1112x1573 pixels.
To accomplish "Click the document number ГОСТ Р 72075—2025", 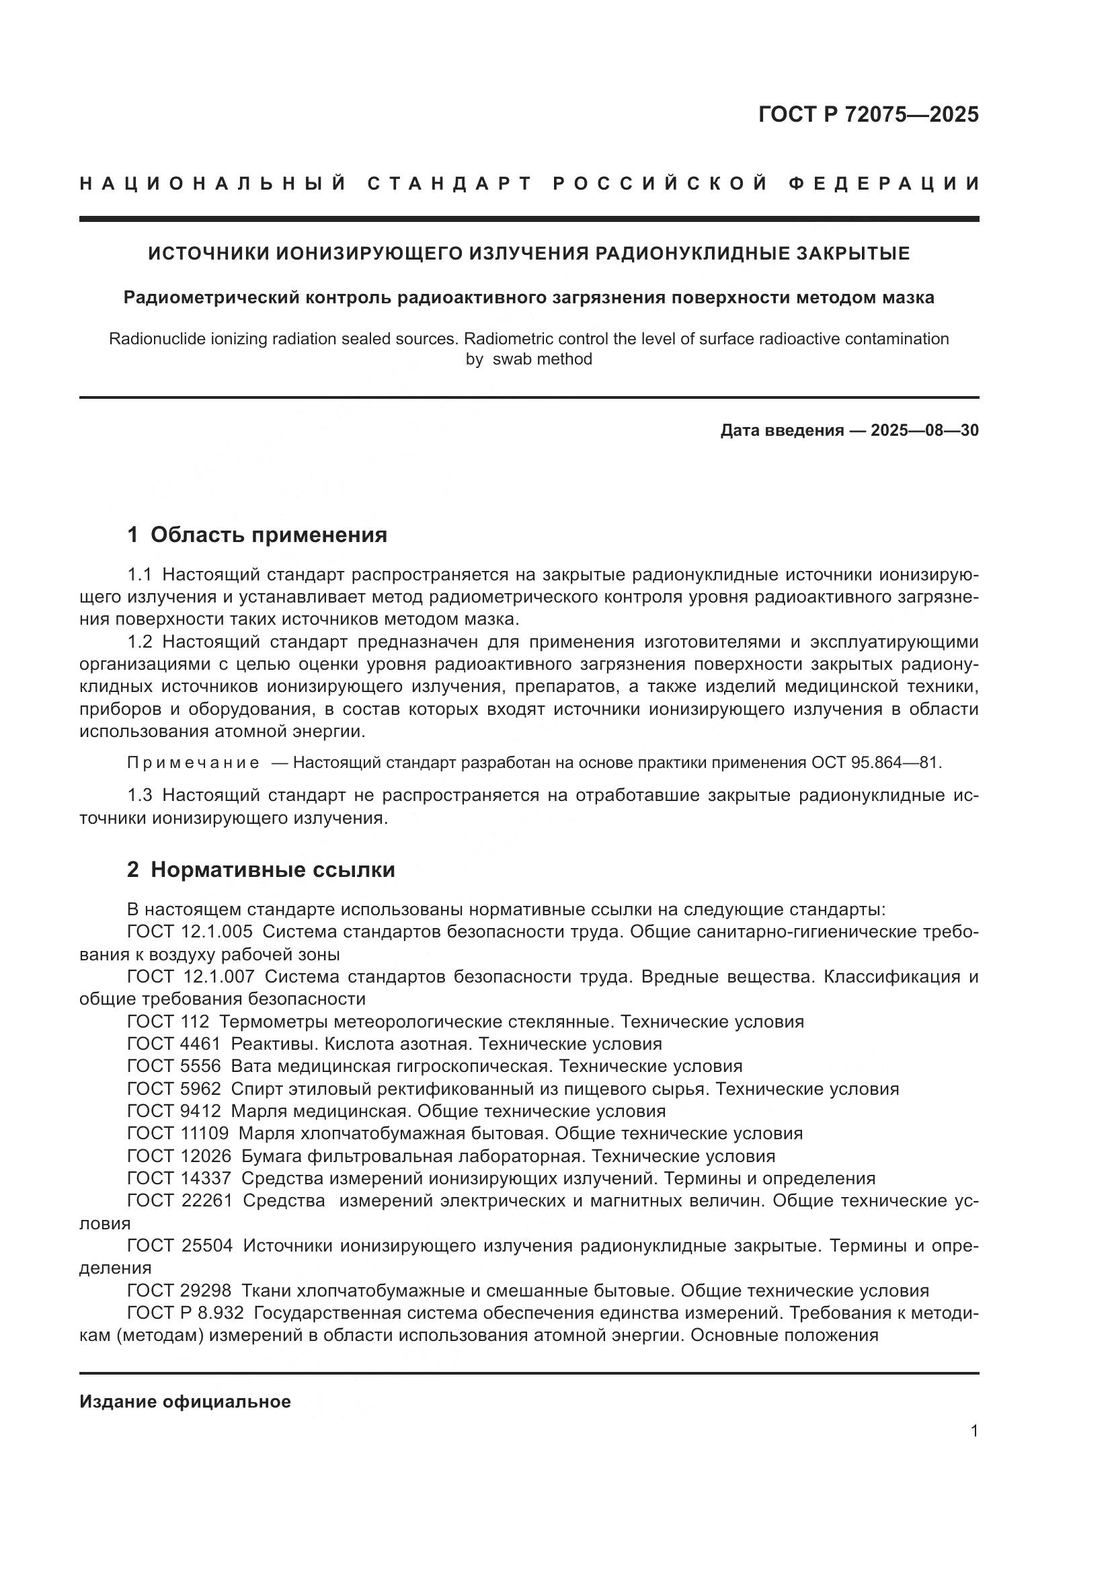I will tap(868, 114).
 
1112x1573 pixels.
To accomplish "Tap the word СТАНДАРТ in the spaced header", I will tap(450, 184).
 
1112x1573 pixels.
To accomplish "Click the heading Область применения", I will tap(268, 535).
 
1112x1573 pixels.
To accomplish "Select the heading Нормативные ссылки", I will tap(272, 870).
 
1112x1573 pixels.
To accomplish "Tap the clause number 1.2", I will tap(141, 642).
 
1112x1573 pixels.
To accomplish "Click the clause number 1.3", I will tap(141, 796).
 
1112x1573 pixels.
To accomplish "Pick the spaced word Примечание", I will tap(194, 763).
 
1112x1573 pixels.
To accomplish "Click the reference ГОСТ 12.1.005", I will tap(190, 931).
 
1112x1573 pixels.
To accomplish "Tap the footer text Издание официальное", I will tap(185, 1402).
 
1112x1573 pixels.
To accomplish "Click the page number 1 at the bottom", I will tap(974, 1431).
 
